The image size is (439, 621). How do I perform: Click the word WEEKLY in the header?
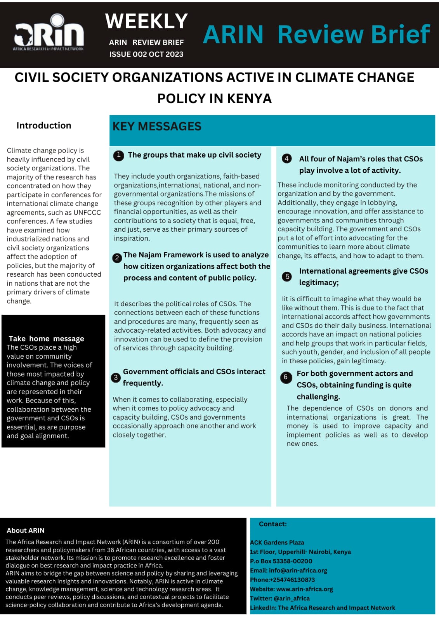point(146,21)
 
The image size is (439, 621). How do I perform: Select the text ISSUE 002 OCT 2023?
point(146,54)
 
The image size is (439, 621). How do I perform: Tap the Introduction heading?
point(44,125)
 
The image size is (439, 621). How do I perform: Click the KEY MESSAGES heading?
point(157,127)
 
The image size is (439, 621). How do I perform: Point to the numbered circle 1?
point(118,156)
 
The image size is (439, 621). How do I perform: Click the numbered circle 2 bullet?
point(117,258)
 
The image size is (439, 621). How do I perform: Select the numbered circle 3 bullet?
point(116,377)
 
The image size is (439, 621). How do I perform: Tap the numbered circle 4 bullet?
point(286,158)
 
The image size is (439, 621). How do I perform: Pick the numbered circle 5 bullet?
point(287,276)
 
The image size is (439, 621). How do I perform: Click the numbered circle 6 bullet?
point(286,377)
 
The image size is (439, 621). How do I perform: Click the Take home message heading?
point(46,338)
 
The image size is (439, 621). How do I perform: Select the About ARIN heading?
point(26,531)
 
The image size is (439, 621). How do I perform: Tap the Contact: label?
point(273,524)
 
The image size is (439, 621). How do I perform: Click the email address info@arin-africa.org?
point(298,571)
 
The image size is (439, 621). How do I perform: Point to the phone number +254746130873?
point(292,580)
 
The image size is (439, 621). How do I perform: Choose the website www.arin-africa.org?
point(304,589)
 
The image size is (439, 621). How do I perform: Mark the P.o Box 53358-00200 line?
point(281,561)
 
